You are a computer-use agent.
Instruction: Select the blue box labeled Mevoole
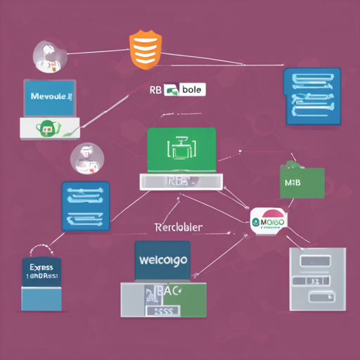pyautogui.click(x=49, y=98)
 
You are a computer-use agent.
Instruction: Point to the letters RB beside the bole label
pyautogui.click(x=156, y=90)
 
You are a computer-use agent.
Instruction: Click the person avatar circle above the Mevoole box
pyautogui.click(x=49, y=56)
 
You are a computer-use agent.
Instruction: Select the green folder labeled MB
pyautogui.click(x=302, y=182)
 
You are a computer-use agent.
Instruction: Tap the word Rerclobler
pyautogui.click(x=178, y=227)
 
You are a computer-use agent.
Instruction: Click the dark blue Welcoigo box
pyautogui.click(x=163, y=261)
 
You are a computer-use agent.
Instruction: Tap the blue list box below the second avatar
pyautogui.click(x=86, y=206)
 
